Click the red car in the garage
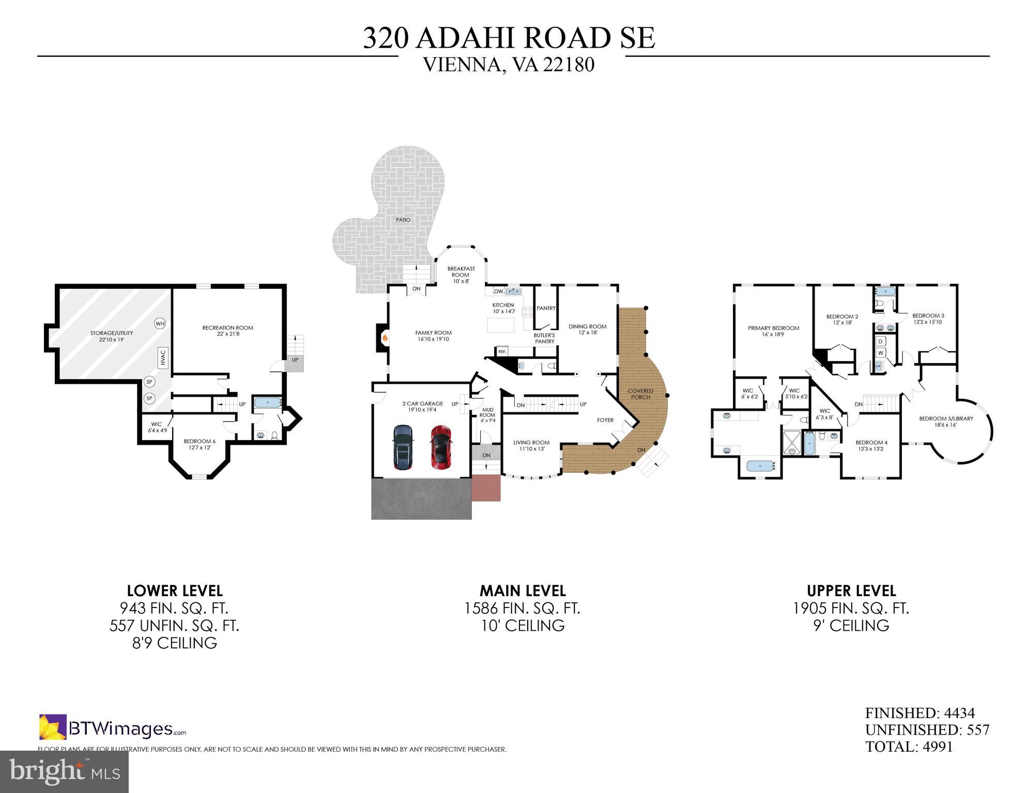[x=440, y=447]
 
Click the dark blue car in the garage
[x=403, y=447]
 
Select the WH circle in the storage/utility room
[x=160, y=324]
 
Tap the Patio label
[x=403, y=220]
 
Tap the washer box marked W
[x=880, y=353]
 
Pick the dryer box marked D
[x=880, y=341]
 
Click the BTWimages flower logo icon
[x=53, y=727]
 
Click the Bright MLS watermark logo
[x=64, y=771]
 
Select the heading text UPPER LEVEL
[x=851, y=590]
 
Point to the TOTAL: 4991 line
[x=909, y=747]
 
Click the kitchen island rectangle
[x=501, y=325]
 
